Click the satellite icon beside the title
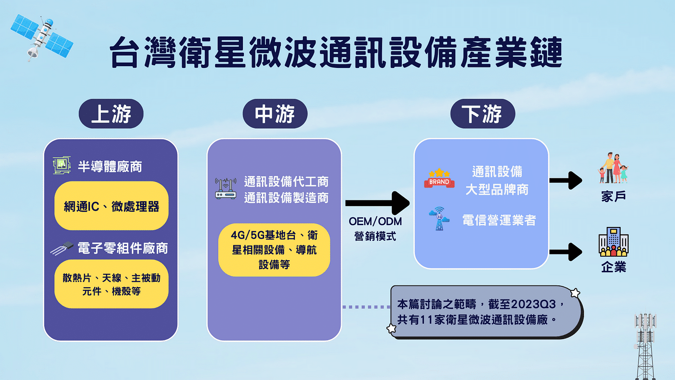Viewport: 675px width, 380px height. tap(41, 37)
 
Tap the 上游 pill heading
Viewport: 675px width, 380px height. tap(111, 114)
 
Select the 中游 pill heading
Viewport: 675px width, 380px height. tap(275, 114)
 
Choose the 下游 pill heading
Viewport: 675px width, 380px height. tap(482, 114)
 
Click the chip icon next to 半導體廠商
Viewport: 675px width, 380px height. tap(62, 166)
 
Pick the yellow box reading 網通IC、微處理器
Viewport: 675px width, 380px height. tap(112, 206)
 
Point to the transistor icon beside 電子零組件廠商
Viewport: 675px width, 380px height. tap(62, 248)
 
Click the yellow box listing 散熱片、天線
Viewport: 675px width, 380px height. tap(112, 284)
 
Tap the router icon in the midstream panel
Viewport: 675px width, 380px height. tap(225, 189)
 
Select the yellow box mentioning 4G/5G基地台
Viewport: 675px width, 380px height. tap(274, 250)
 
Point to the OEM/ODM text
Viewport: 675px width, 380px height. tap(375, 222)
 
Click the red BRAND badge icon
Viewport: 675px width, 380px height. tap(439, 178)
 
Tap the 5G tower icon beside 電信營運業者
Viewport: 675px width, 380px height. tap(439, 219)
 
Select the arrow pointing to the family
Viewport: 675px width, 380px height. tap(566, 181)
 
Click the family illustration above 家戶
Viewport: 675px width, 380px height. tap(613, 168)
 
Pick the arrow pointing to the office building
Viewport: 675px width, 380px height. tap(566, 252)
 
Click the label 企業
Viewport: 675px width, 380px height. tap(613, 267)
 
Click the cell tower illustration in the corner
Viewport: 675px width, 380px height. tap(645, 345)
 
